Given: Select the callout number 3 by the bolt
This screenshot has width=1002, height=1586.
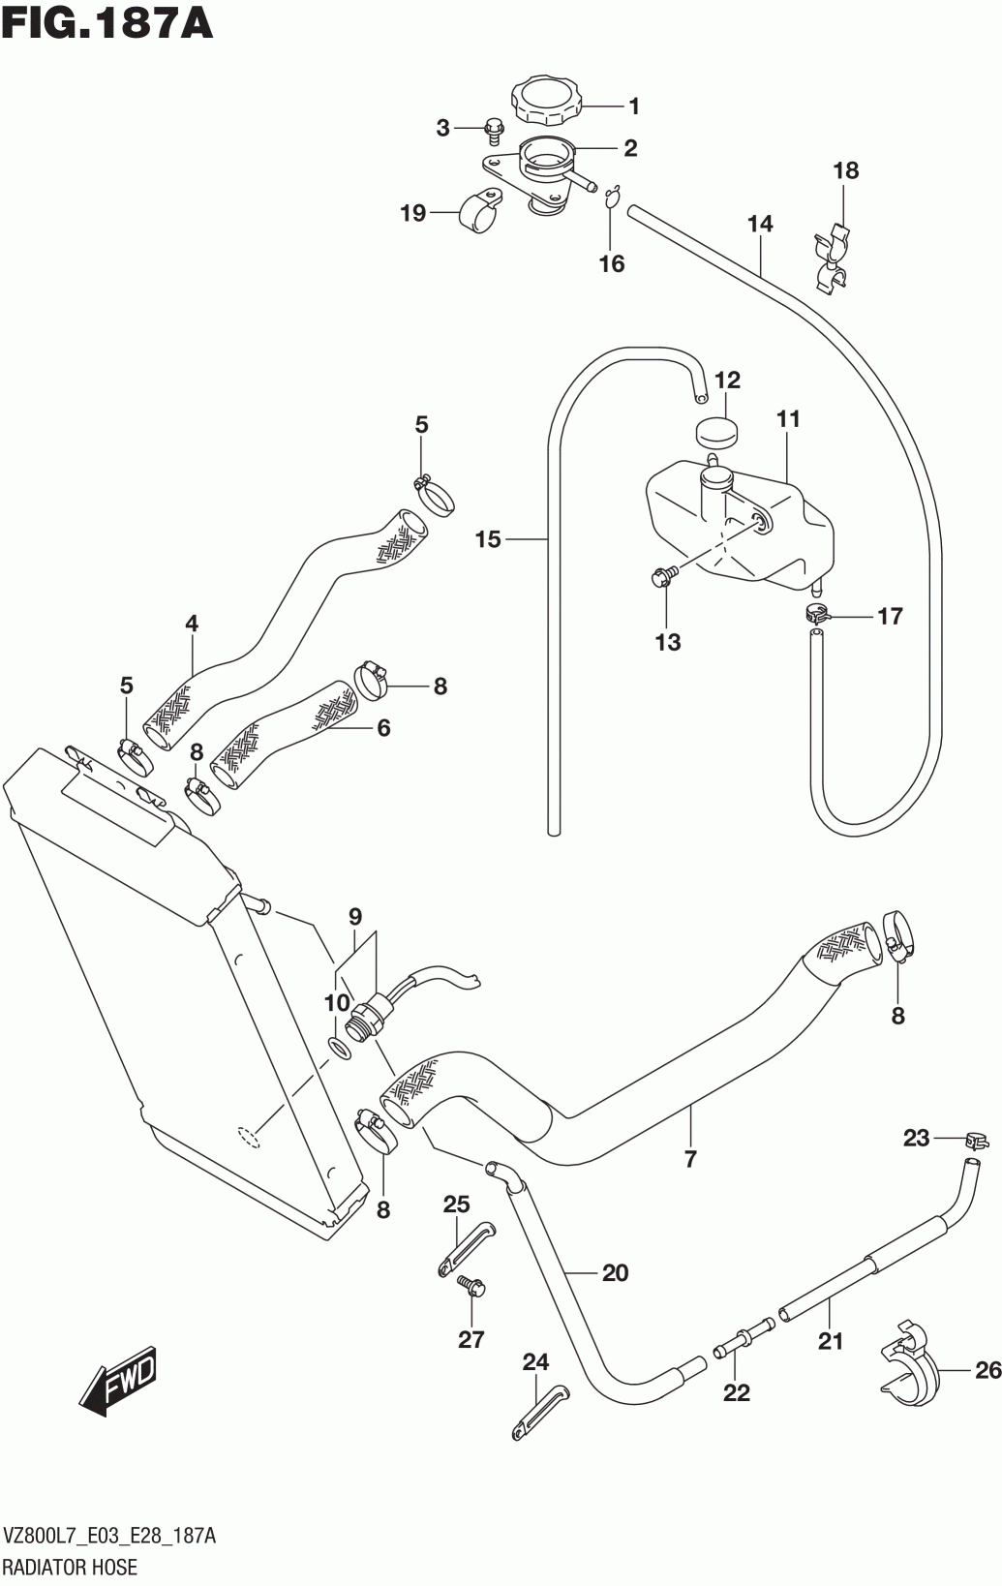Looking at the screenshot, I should (x=443, y=128).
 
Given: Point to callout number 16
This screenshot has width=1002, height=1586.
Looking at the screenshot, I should (x=612, y=263).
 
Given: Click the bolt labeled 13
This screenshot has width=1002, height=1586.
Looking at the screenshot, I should (x=666, y=578).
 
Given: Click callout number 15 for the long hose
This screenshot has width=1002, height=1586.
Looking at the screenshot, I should (x=489, y=539).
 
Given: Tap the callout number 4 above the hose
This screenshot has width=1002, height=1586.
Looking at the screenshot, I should (x=192, y=624).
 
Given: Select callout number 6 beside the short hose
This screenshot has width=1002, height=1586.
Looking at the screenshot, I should (x=383, y=727).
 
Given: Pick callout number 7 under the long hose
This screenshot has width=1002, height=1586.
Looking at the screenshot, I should (x=690, y=1159).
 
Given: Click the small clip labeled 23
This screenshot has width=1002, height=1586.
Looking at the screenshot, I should (x=974, y=1141).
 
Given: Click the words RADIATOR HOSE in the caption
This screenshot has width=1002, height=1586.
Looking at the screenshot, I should (x=70, y=1567).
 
